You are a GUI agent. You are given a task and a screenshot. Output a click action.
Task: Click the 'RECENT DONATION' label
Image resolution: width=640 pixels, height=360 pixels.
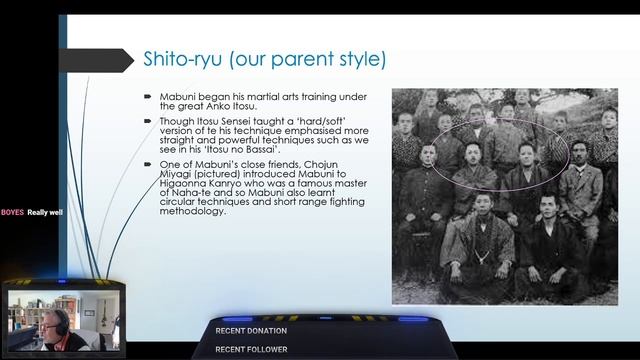click(x=251, y=330)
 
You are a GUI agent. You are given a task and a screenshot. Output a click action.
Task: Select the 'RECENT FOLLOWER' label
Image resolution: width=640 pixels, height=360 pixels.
click(x=251, y=349)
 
